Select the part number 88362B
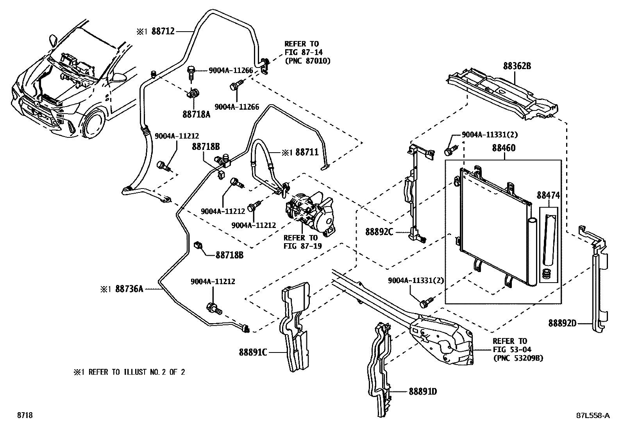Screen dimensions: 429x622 tap(517, 66)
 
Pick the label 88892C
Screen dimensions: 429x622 tap(379, 232)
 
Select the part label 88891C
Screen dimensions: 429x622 tap(253, 352)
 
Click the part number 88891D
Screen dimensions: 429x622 tap(423, 391)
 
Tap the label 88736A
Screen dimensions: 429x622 tap(129, 289)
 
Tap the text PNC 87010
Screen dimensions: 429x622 tap(307, 61)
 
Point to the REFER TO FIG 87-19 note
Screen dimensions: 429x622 tap(300, 242)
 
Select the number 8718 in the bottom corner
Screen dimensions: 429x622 tap(24, 416)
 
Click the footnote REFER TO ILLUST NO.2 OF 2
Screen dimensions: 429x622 tap(129, 372)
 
